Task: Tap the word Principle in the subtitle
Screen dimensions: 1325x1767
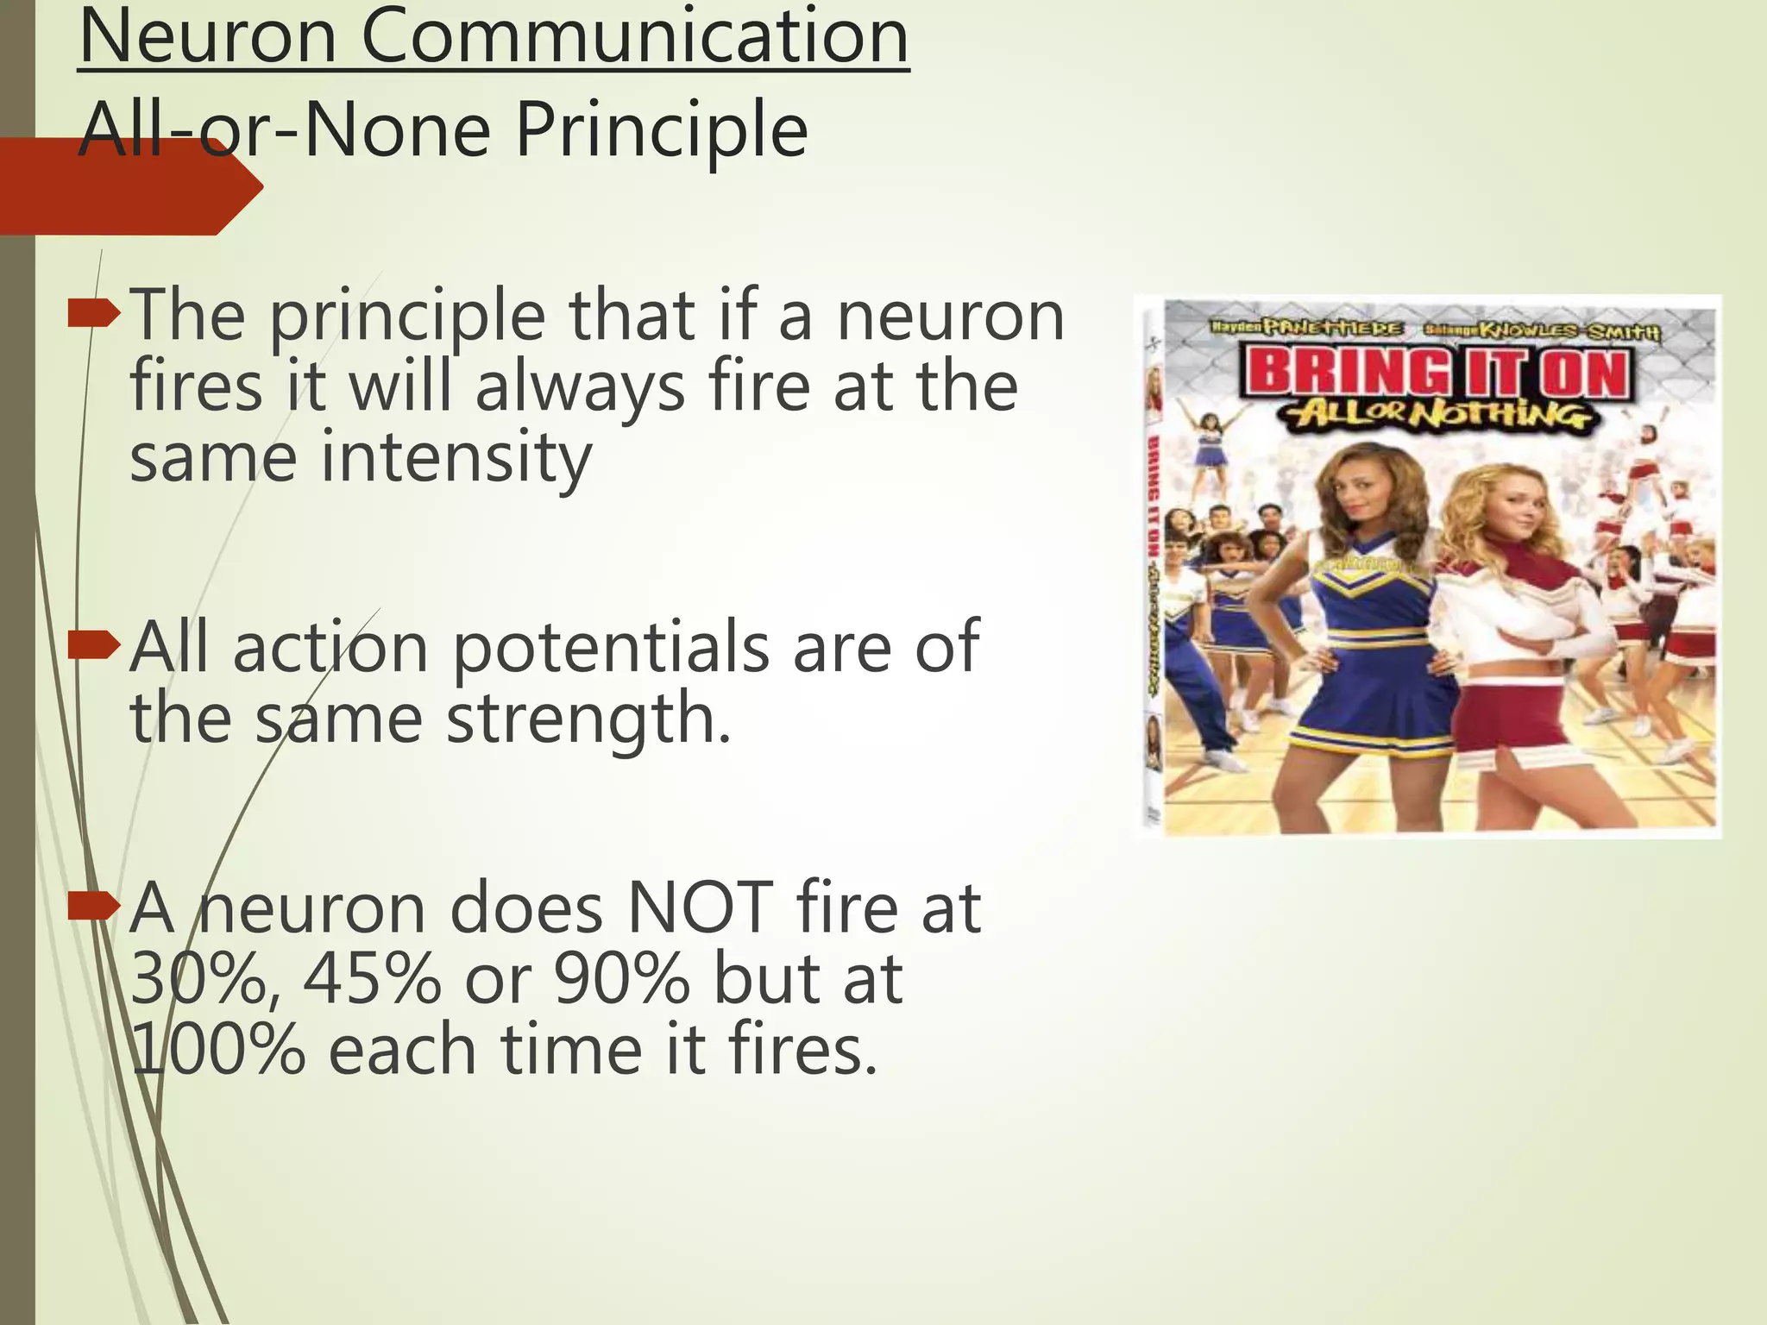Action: point(661,131)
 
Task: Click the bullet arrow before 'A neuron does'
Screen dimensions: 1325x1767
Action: point(92,907)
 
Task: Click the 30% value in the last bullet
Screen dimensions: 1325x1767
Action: point(198,980)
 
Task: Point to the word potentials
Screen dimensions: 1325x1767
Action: point(610,647)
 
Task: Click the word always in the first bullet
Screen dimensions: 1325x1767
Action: point(580,387)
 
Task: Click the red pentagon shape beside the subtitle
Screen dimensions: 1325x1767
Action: point(129,187)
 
